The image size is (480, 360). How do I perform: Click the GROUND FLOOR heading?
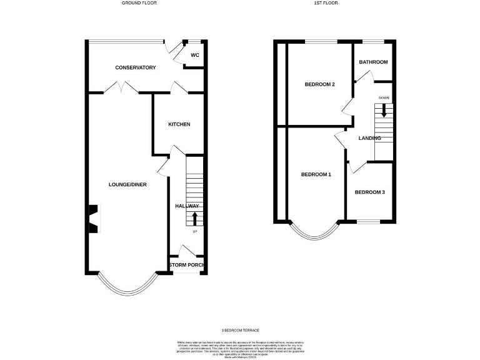[139, 3]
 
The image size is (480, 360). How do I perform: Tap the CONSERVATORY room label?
[135, 67]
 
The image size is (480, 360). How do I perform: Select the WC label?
[194, 56]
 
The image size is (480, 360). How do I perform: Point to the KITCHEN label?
[179, 124]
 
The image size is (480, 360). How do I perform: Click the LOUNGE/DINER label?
[127, 184]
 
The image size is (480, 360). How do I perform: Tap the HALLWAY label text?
[187, 206]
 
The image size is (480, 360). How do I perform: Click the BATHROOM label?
[373, 62]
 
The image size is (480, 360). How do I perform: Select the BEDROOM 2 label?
[320, 84]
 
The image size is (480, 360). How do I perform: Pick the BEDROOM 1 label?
[316, 174]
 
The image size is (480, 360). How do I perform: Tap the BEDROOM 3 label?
[370, 192]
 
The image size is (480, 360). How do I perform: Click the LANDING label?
[369, 138]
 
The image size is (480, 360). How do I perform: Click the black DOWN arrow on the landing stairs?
[384, 111]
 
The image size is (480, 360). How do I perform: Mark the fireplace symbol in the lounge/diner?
[92, 219]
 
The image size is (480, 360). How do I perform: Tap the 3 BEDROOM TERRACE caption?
[240, 330]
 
